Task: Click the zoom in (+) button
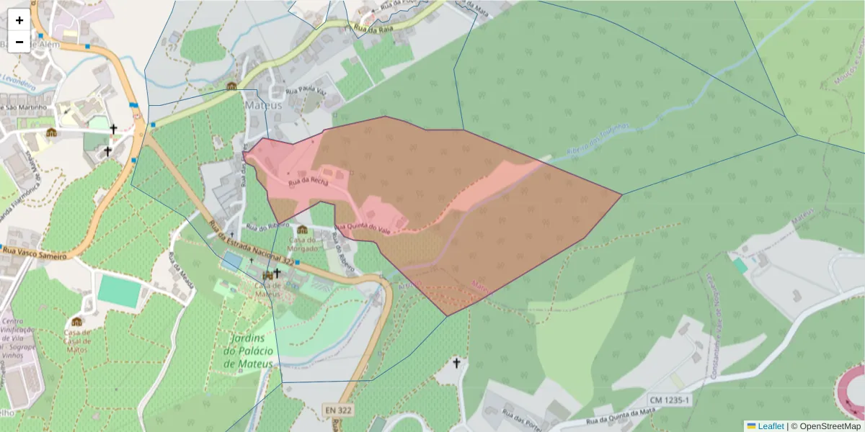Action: pyautogui.click(x=19, y=20)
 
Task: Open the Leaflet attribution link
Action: pyautogui.click(x=766, y=426)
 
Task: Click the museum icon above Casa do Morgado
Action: pyautogui.click(x=302, y=229)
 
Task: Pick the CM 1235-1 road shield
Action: pyautogui.click(x=669, y=400)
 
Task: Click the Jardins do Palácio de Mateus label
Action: pyautogui.click(x=249, y=351)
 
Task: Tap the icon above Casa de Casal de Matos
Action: pyautogui.click(x=77, y=321)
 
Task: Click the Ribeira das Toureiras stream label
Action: pyautogui.click(x=598, y=138)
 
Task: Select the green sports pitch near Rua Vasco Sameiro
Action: pyautogui.click(x=119, y=290)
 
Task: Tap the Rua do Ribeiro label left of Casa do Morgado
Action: pyautogui.click(x=262, y=227)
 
